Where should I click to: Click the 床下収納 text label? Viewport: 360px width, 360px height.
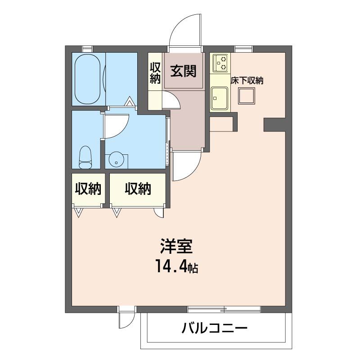click(x=247, y=81)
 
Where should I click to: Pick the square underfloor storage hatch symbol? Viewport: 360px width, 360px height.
click(x=247, y=96)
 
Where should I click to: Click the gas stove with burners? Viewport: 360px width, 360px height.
click(x=220, y=63)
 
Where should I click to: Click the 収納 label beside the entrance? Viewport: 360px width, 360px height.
click(x=155, y=72)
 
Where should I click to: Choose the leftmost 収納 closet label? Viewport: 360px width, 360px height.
click(x=87, y=189)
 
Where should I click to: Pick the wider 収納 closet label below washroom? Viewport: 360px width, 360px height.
click(x=138, y=189)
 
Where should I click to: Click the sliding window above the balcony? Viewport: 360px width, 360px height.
click(x=224, y=309)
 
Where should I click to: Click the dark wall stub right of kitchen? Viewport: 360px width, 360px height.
click(x=274, y=125)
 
